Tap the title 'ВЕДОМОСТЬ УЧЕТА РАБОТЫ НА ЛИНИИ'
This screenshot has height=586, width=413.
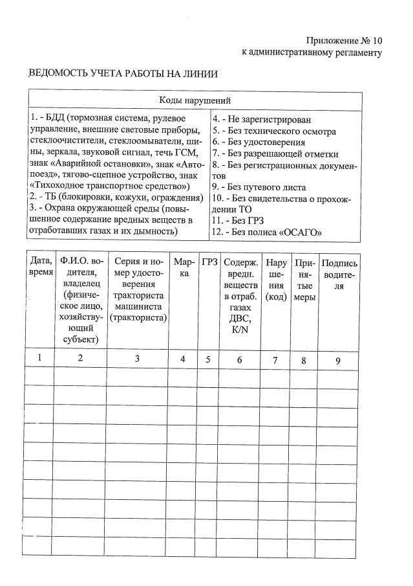[123, 74]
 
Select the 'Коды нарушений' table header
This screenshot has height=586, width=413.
[195, 100]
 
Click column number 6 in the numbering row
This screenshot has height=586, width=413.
[239, 359]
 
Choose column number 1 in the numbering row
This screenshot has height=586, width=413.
[40, 357]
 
